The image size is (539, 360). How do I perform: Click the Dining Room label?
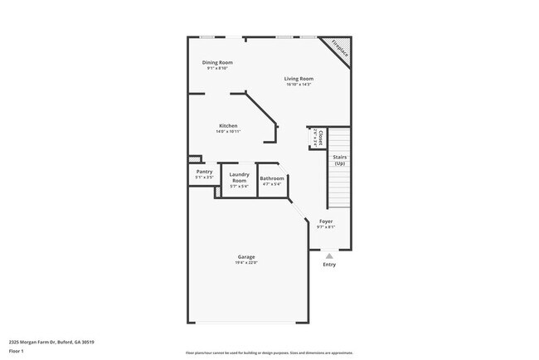pos(217,62)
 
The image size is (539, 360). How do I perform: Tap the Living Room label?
pos(298,78)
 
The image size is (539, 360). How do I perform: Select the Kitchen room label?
pos(228,126)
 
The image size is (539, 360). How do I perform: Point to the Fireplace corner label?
pos(339,48)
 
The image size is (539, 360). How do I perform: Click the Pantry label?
pos(204,172)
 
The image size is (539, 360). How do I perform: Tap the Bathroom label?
pos(272,178)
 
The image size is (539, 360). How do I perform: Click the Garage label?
pos(246,257)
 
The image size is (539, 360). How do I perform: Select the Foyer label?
pos(326,221)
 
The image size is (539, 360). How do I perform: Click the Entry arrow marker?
pos(329,256)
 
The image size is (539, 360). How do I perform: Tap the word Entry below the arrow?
pos(329,265)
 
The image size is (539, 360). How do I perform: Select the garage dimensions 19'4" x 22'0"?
pos(246,263)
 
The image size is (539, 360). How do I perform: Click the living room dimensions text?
pos(298,84)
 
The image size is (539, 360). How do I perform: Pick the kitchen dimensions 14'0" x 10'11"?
pos(228,132)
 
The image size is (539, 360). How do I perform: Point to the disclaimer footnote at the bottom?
pos(269,353)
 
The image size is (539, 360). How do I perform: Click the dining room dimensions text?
pos(217,68)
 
